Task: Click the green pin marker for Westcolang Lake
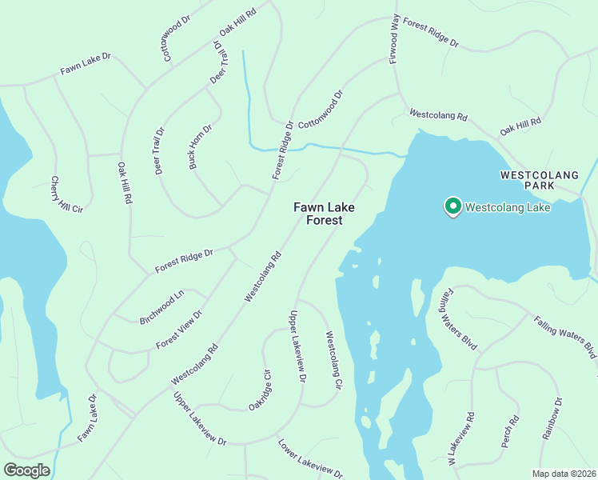click(452, 207)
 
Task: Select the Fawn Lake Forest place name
click(324, 213)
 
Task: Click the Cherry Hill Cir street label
click(67, 195)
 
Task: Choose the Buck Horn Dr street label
click(200, 146)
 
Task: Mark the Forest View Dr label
click(179, 330)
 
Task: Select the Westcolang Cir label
click(333, 361)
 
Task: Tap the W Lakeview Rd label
click(461, 439)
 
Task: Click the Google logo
click(26, 470)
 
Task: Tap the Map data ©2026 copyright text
click(564, 474)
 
